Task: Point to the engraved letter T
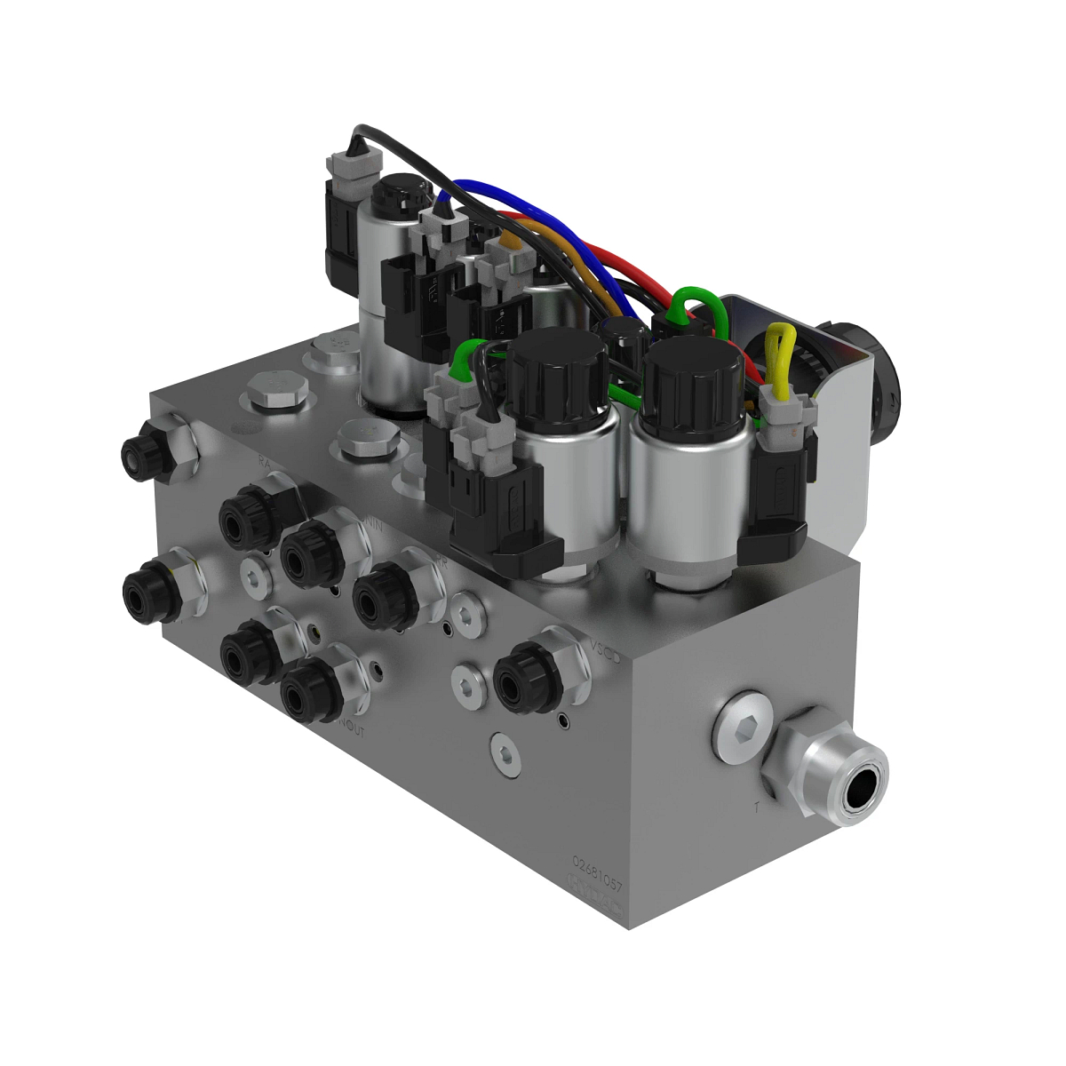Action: pos(756,807)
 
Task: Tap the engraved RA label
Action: pos(264,461)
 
